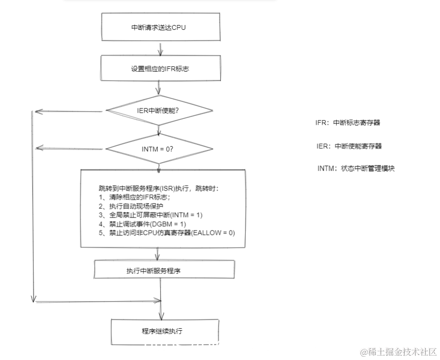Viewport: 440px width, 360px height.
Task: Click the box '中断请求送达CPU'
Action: (158, 27)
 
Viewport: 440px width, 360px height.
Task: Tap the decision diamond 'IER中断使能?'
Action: (159, 110)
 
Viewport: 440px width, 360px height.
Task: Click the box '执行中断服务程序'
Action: (164, 270)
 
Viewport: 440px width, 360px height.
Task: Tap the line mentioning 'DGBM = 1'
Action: (141, 224)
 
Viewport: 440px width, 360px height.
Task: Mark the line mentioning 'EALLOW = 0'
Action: (166, 233)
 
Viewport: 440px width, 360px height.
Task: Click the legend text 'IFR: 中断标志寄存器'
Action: (347, 123)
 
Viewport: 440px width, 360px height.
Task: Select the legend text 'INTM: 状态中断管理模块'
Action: (356, 168)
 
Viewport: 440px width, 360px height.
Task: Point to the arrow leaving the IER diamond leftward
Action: (70, 111)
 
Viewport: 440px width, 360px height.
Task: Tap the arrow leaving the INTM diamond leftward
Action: (70, 148)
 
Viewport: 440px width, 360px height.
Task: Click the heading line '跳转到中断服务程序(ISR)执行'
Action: (158, 188)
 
